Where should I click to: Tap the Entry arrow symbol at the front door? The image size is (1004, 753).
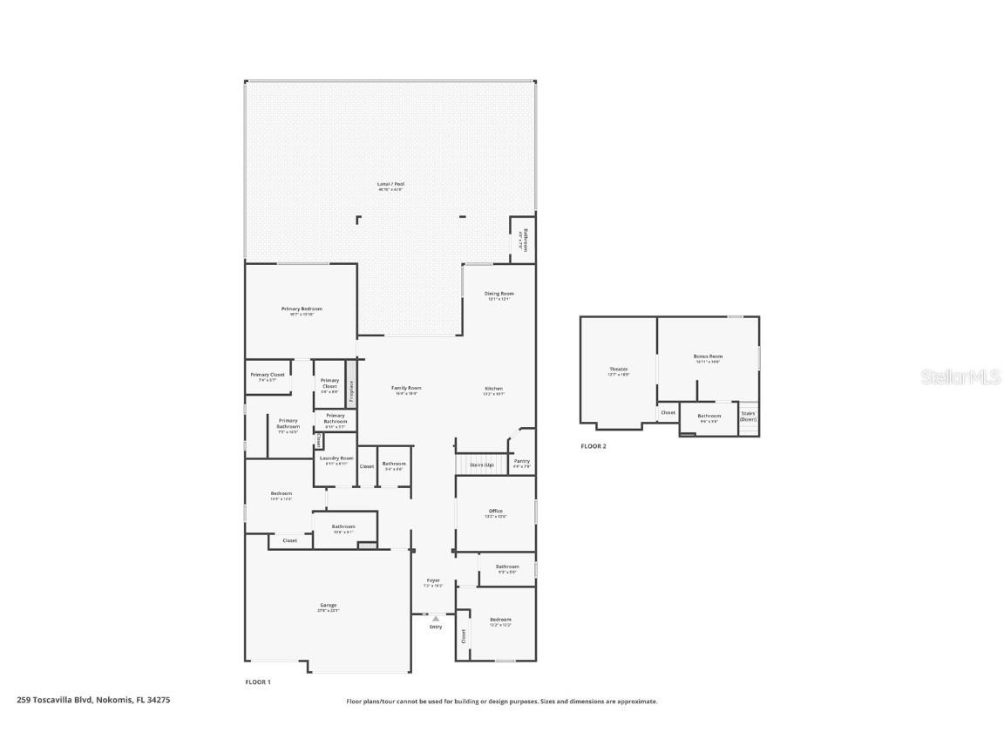coord(436,619)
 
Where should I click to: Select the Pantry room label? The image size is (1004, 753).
coord(522,462)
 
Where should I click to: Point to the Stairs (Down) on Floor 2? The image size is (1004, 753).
coord(748,416)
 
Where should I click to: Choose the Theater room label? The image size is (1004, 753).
coord(618,370)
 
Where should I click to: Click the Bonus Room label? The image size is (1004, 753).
coord(708,356)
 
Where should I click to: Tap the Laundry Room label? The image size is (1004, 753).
coord(336,458)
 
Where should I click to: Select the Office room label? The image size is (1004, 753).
coord(495,512)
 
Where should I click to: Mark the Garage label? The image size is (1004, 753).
coord(328,606)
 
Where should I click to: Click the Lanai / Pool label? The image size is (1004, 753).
coord(390,185)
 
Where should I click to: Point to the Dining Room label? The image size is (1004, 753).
coord(499,295)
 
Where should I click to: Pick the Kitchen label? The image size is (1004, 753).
coord(494,390)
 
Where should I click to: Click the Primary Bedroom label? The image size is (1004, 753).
coord(302,309)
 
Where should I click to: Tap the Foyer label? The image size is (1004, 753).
coord(433,581)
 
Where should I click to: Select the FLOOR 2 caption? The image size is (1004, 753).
coord(594,446)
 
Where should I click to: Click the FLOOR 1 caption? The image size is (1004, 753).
coord(257,682)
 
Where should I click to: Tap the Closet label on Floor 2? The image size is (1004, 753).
coord(668,413)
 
